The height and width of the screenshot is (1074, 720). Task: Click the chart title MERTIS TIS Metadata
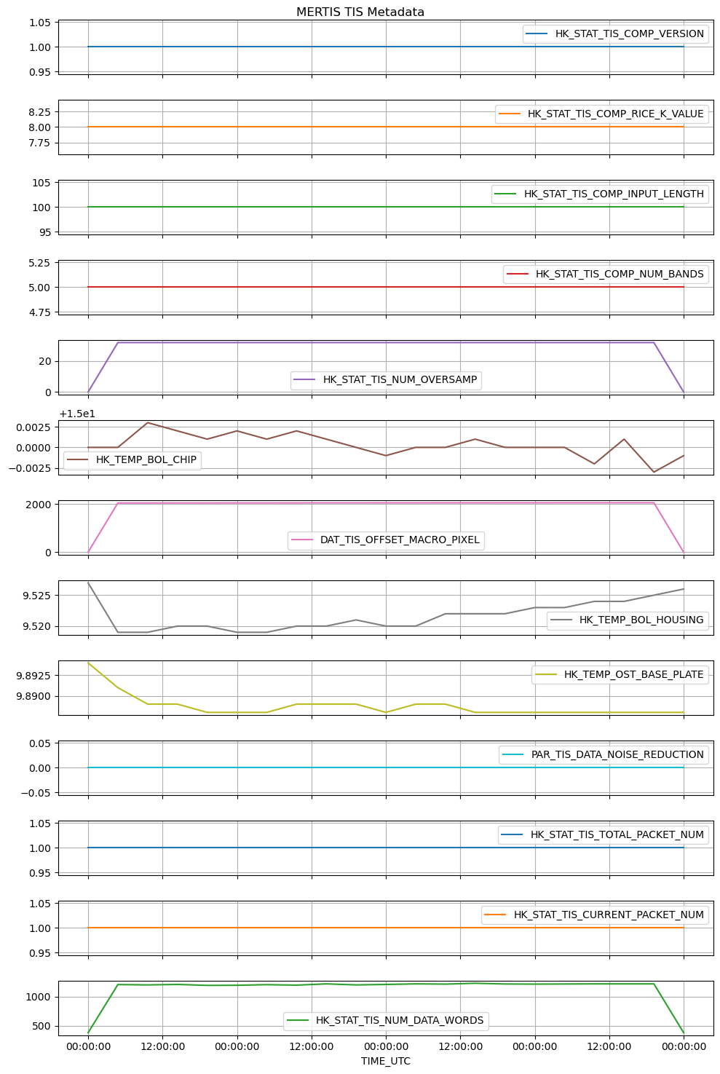360,12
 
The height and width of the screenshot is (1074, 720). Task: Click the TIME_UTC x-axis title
385,1061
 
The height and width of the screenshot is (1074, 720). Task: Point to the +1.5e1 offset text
77,414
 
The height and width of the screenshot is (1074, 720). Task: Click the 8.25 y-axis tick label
37,111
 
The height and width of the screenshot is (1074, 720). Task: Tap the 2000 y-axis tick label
39,504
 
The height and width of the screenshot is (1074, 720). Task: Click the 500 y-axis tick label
41,1026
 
